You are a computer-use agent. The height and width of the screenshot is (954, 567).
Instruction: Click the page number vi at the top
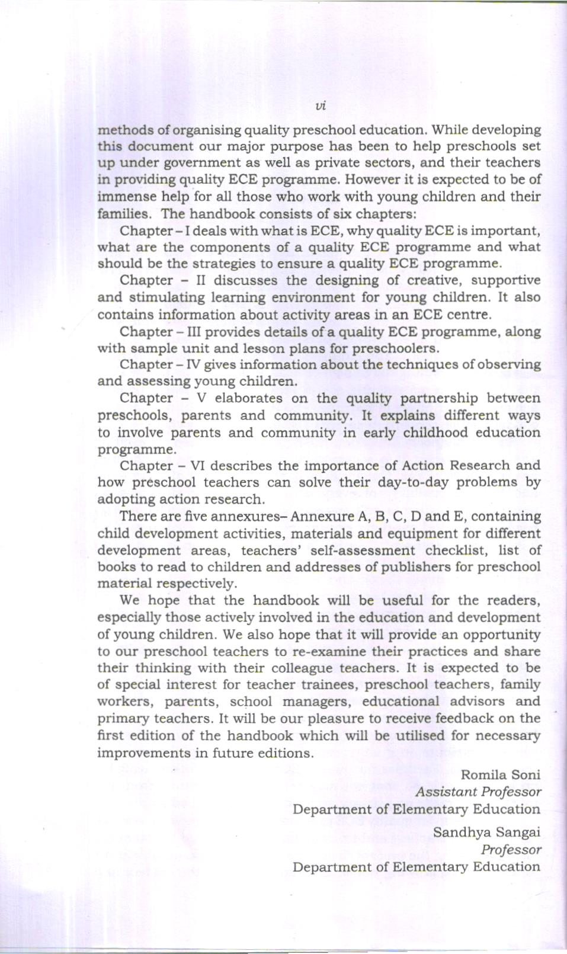321,106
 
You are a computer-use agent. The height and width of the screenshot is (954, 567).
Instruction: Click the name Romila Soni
500,774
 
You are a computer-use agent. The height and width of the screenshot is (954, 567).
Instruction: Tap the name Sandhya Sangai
486,832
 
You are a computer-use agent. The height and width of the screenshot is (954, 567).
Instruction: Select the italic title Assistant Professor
478,792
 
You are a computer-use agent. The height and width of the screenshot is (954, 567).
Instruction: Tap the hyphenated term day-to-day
413,482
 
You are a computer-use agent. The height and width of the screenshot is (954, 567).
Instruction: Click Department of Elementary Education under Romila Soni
416,809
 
